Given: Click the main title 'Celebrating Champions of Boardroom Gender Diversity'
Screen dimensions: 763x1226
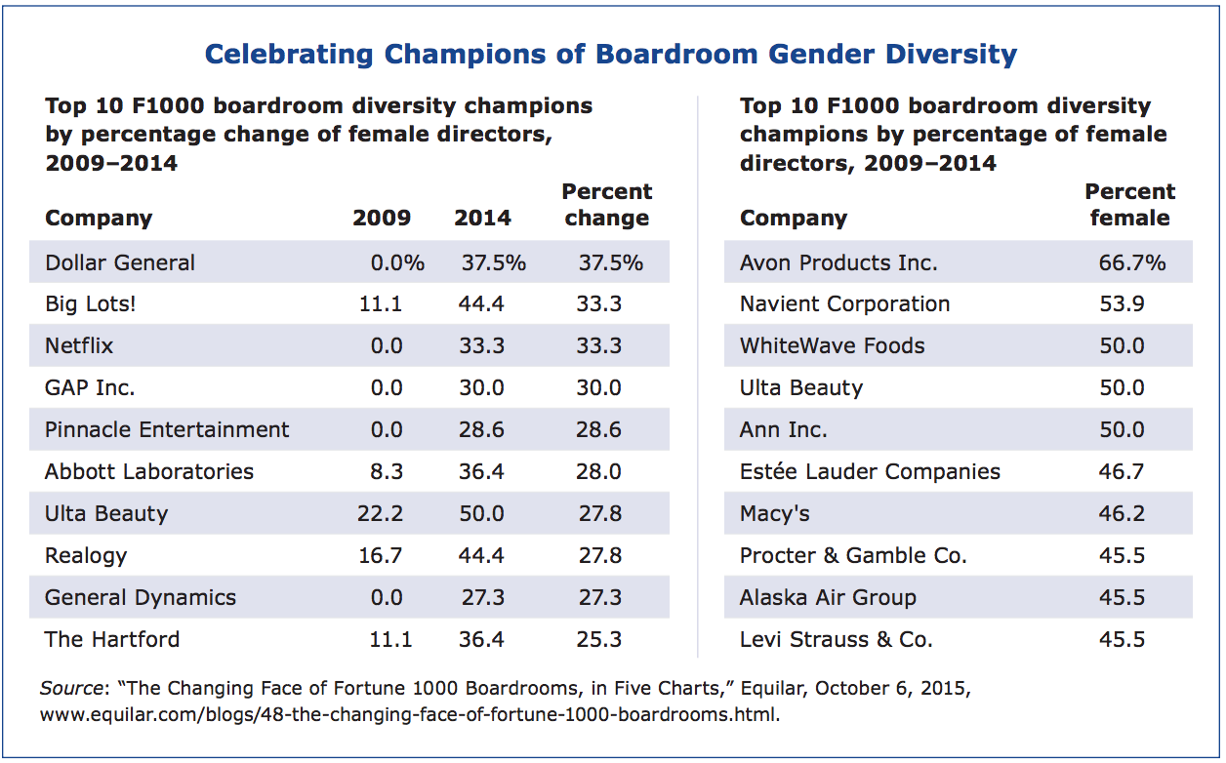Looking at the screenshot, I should [611, 54].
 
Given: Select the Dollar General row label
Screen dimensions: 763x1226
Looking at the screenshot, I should [120, 262].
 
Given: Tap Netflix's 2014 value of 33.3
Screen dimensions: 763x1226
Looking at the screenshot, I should [481, 346].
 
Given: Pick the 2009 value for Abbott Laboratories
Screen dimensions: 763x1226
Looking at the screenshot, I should [387, 472].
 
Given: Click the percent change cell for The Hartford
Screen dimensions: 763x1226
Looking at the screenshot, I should [599, 640].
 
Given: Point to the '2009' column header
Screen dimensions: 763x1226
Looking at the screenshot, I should [382, 218].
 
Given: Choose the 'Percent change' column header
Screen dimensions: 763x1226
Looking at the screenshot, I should [607, 205].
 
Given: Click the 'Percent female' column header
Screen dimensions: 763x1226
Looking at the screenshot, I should [1130, 205].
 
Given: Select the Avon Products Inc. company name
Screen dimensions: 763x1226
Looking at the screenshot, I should [838, 262].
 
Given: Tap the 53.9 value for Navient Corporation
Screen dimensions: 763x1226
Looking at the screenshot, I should [1122, 304].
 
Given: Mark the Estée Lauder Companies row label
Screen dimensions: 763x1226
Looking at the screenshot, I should [870, 472].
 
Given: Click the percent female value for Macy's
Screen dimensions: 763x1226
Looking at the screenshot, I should [1122, 514].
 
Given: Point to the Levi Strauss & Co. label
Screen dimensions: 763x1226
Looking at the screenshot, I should [837, 640].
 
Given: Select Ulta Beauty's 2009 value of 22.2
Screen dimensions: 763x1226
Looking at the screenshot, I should [382, 514].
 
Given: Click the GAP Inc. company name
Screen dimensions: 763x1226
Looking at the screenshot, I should [90, 388].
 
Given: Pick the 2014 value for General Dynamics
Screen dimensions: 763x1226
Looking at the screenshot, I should [481, 598].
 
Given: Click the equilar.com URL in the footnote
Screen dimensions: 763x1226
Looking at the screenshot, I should [409, 714].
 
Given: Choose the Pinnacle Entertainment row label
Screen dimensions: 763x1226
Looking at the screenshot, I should [167, 430].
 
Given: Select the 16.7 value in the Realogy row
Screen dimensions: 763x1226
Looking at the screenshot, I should [382, 556].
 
